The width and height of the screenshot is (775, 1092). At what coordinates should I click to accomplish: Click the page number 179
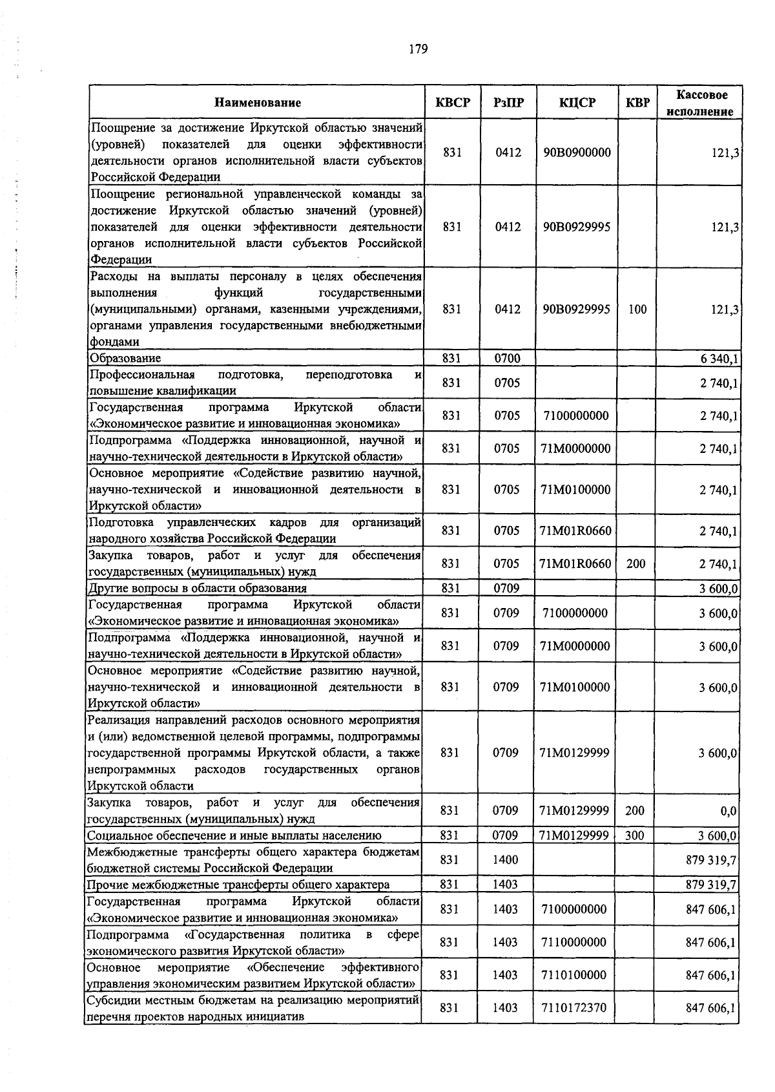[x=418, y=49]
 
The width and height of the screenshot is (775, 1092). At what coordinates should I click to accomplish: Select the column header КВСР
[x=453, y=102]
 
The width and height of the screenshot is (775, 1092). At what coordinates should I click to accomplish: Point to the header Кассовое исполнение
[x=699, y=103]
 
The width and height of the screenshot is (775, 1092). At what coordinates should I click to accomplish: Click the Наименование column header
[x=258, y=102]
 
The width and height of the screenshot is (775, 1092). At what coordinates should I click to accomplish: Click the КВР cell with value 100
[x=637, y=310]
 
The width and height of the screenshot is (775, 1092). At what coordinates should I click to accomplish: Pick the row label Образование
[x=126, y=358]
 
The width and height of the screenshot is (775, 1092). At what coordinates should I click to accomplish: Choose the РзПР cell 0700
[x=508, y=358]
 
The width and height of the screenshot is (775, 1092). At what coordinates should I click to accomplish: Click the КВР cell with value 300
[x=634, y=835]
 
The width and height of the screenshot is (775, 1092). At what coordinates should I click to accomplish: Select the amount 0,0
[x=728, y=811]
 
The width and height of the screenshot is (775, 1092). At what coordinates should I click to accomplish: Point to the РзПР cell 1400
[x=505, y=860]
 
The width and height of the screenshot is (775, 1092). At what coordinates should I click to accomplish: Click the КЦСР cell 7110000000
[x=574, y=943]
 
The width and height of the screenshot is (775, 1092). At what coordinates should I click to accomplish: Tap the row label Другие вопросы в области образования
[x=198, y=588]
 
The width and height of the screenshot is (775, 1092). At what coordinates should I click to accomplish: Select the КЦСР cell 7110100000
[x=574, y=975]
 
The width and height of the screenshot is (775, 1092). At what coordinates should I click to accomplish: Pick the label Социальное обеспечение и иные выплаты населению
[x=234, y=835]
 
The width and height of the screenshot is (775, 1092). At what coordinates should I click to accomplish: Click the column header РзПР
[x=508, y=102]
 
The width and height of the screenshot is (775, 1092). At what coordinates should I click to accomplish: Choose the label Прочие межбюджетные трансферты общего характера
[x=238, y=885]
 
